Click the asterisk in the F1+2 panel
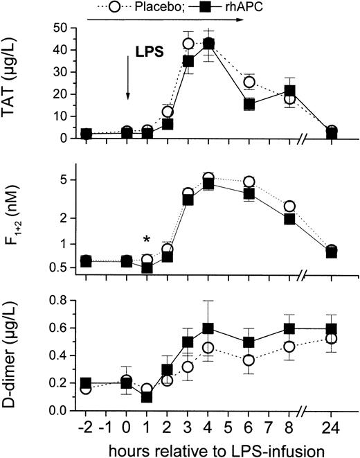tap(147, 240)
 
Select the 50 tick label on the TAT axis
tap(62, 28)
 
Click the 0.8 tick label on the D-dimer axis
tap(60, 300)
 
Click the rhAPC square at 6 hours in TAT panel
tap(249, 104)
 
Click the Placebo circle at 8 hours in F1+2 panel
tap(290, 206)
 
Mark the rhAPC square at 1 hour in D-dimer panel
tap(147, 397)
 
